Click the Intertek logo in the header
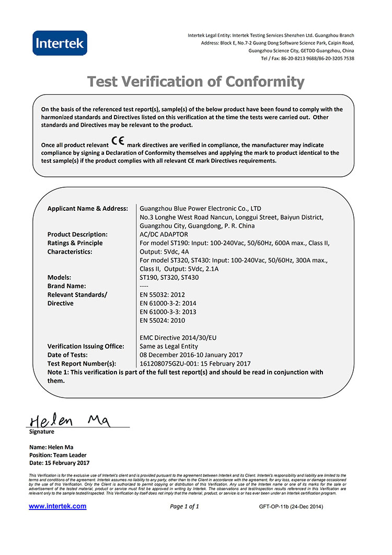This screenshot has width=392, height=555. pos(60,43)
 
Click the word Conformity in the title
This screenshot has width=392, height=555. pos(264,82)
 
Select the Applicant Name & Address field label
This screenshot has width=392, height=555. pos(88,208)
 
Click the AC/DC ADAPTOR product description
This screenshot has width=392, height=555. pos(164,234)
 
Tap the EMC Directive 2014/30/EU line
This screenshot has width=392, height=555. pos(178,337)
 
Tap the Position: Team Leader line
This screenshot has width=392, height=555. pos(59,455)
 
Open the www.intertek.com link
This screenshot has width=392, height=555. pos(57,506)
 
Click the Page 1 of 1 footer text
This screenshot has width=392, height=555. pos(185,506)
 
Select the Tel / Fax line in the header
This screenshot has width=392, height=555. pos(307,59)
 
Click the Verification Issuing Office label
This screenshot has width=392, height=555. pos(86,346)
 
